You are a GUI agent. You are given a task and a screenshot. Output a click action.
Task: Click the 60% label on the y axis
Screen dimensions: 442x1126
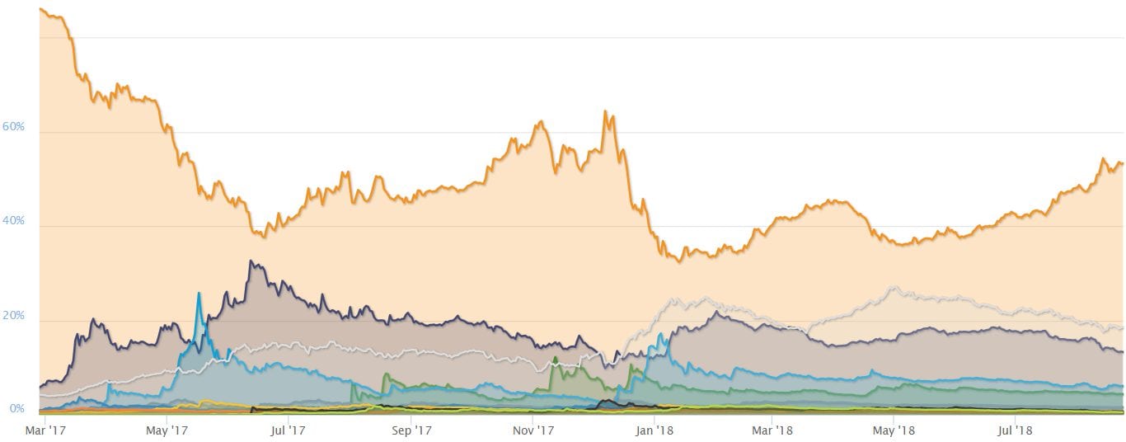point(14,127)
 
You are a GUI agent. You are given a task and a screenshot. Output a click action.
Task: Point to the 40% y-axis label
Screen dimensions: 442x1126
point(14,221)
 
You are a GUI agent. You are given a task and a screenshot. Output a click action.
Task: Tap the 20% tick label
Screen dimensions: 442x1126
point(14,316)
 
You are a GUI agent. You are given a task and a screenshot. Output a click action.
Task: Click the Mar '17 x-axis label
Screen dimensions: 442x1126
point(45,430)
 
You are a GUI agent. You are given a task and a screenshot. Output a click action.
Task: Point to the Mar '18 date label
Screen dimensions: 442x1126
point(773,430)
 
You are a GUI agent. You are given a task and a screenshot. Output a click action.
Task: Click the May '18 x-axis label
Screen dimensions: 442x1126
point(894,430)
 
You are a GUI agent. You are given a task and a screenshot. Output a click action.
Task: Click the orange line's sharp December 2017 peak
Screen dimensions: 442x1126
point(606,111)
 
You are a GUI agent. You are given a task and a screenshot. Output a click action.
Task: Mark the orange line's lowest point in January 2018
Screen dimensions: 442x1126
point(678,261)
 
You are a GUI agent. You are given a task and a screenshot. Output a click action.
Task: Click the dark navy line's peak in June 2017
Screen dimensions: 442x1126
point(251,261)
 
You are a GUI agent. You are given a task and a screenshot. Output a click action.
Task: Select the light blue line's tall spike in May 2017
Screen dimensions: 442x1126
point(199,294)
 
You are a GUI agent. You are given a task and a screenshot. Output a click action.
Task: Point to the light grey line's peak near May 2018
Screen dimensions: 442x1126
point(894,288)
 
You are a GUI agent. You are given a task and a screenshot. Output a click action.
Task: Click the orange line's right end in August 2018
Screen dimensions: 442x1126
point(1121,162)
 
